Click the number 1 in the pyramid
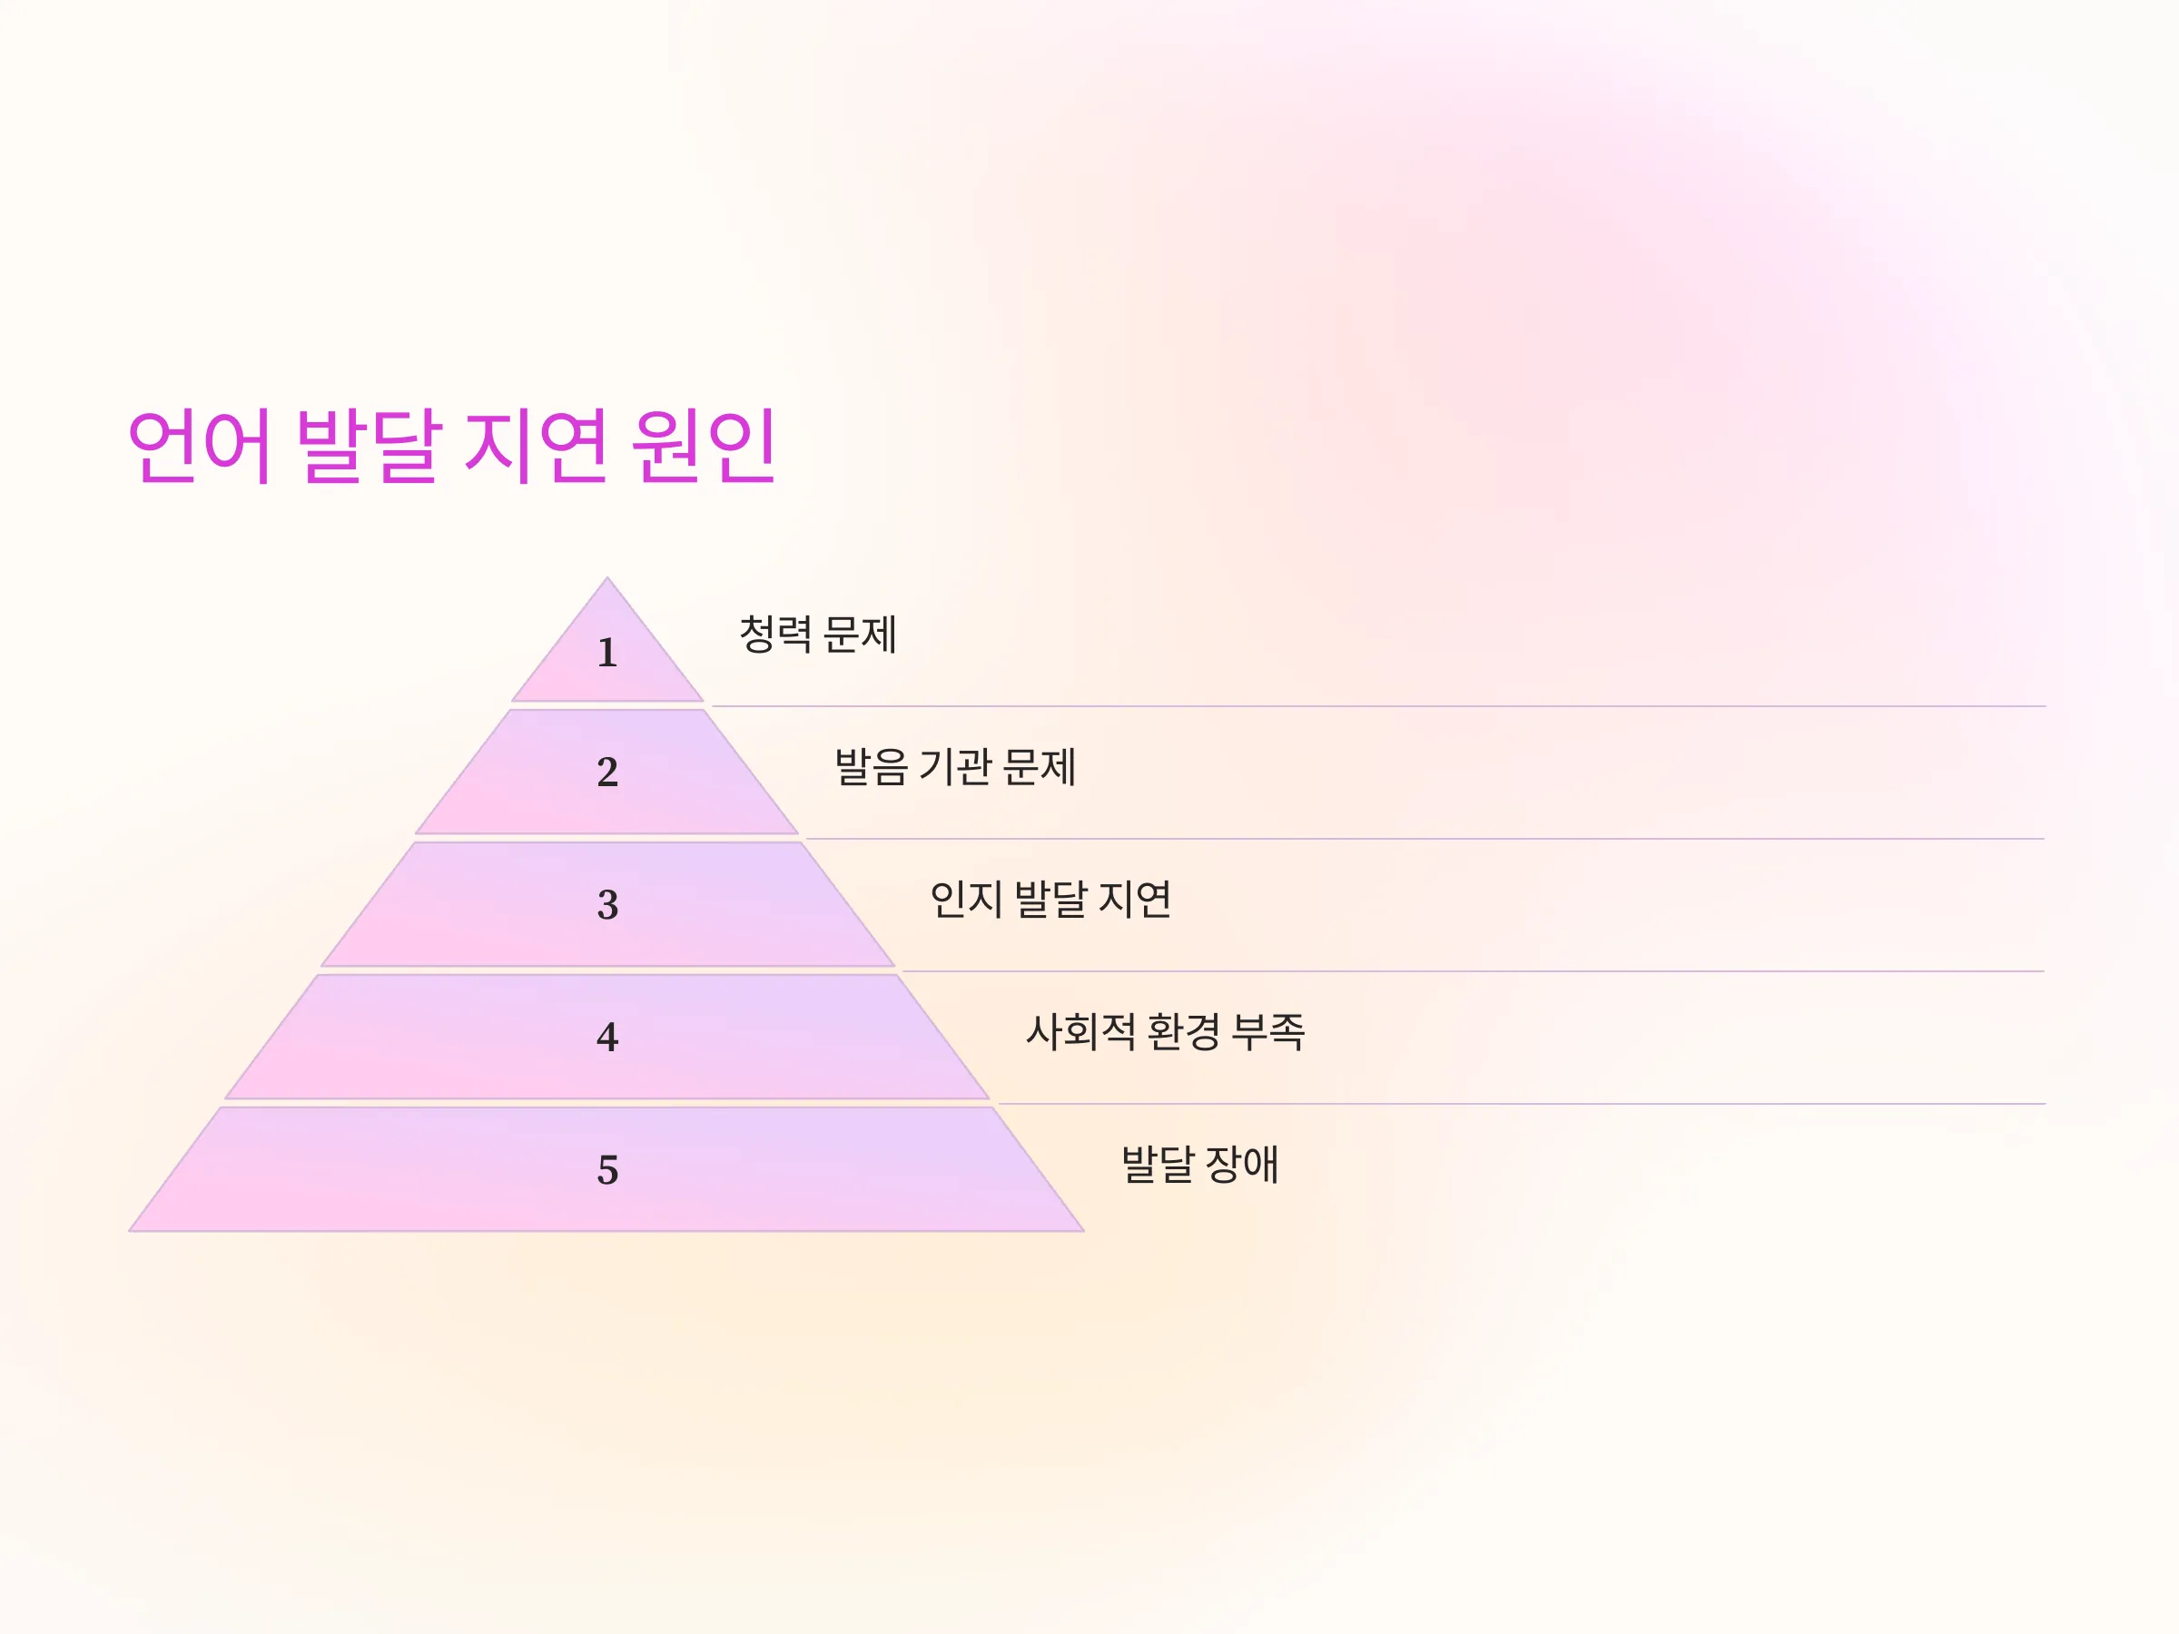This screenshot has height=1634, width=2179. tap(606, 652)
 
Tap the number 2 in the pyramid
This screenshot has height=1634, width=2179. tap(606, 772)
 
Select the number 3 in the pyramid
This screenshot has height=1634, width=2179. tap(607, 904)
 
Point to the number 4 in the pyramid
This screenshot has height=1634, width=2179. tap(606, 1036)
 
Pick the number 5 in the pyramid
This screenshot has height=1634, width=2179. tap(607, 1169)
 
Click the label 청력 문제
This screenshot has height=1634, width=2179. tap(818, 634)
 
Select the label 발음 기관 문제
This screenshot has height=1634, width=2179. tap(954, 766)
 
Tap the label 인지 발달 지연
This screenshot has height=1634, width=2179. tap(1050, 900)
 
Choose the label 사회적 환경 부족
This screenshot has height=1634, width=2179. tap(1166, 1031)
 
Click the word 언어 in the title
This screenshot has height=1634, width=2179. tap(199, 445)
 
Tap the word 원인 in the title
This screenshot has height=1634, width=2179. tap(705, 445)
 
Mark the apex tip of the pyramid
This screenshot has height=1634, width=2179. tap(606, 578)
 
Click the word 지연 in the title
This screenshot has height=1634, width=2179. tap(536, 445)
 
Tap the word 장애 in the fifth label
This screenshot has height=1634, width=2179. tap(1241, 1164)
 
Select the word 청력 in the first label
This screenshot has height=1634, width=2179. tap(775, 634)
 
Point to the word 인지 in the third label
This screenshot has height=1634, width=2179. tap(966, 900)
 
